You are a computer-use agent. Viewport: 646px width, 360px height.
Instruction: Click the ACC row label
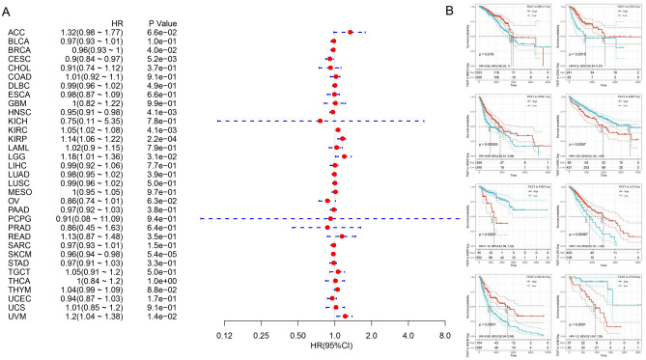(x=15, y=33)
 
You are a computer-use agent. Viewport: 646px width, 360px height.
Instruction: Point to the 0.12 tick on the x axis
(x=224, y=335)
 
